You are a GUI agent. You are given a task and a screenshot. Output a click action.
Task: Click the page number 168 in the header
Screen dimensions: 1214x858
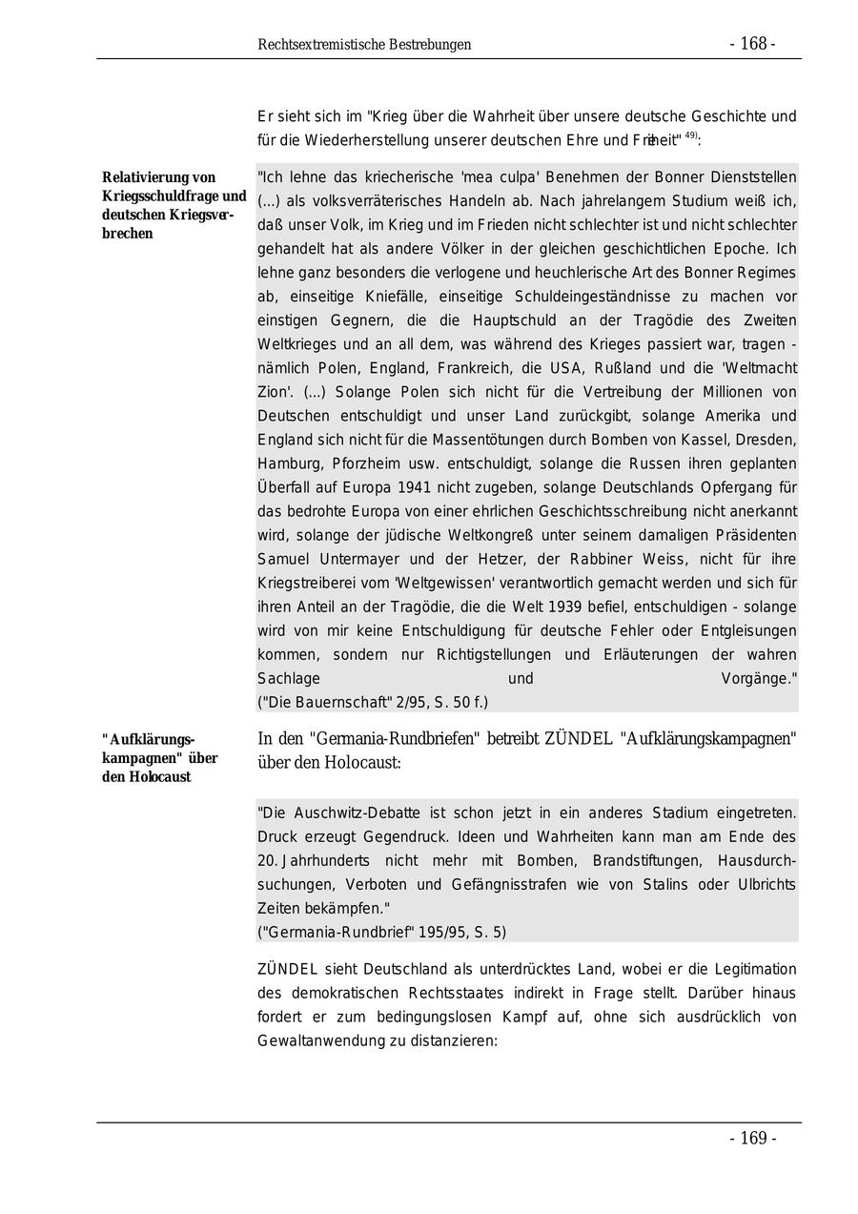[753, 44]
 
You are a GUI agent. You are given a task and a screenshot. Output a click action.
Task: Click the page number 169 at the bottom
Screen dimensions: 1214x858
[753, 1139]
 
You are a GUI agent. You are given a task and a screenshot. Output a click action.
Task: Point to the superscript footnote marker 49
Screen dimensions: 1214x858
[691, 135]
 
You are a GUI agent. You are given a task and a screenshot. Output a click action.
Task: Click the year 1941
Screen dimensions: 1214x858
[420, 487]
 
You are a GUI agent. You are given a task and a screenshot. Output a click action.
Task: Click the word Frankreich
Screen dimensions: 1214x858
[502, 368]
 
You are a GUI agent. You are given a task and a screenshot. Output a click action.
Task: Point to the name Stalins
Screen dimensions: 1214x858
[663, 884]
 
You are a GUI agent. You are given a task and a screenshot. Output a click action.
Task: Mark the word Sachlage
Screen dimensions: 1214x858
[288, 678]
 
